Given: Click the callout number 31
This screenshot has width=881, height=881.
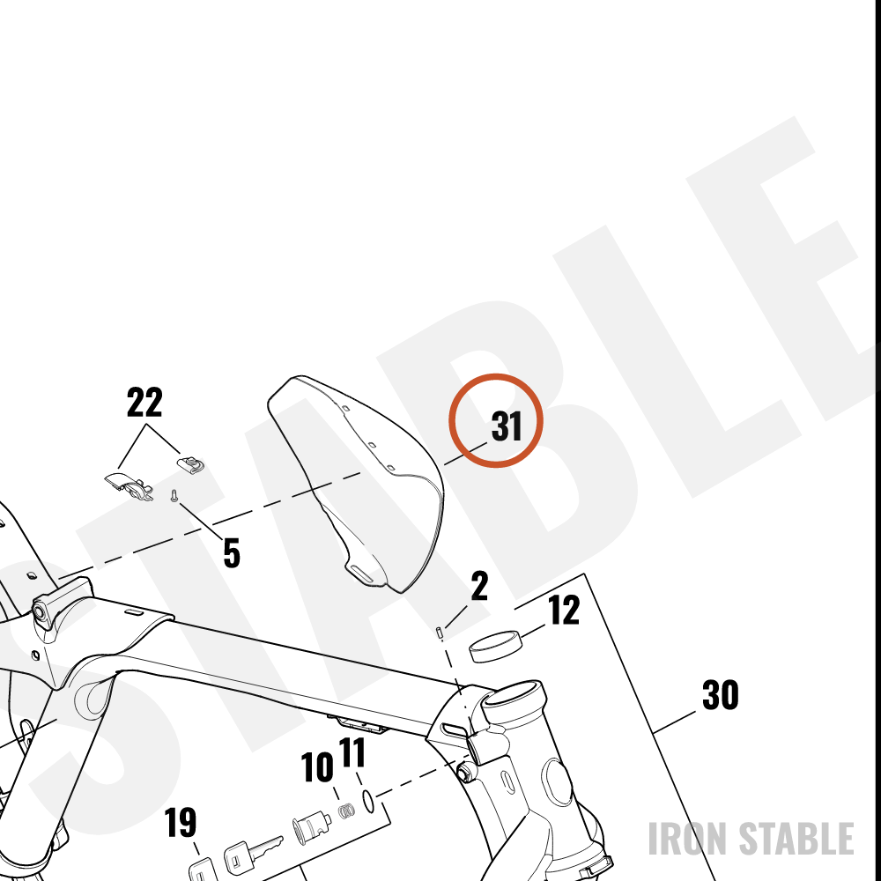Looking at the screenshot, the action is point(507,426).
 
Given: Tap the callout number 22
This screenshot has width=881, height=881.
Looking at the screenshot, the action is point(144,402).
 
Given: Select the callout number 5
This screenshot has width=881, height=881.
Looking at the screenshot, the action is point(232,552).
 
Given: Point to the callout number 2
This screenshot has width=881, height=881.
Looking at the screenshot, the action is point(479,586).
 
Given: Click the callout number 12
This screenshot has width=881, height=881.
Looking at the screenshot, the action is point(564,611).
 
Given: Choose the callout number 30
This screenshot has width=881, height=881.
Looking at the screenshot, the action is point(721,695).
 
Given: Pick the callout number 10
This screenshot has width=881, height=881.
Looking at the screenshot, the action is point(317,767).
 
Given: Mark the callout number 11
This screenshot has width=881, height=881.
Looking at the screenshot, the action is point(352,752).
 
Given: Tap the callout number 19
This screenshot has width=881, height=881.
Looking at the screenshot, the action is point(181,822).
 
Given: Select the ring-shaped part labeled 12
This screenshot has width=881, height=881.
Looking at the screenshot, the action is point(495,646).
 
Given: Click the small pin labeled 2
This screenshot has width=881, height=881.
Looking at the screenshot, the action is point(440,633).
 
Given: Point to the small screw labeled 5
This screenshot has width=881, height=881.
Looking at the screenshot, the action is point(174,495).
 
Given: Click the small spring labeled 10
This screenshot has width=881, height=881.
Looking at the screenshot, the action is point(346,811).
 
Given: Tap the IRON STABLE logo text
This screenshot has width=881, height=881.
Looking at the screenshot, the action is point(751,839).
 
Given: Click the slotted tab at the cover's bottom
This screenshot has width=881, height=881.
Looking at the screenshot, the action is point(364,574).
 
